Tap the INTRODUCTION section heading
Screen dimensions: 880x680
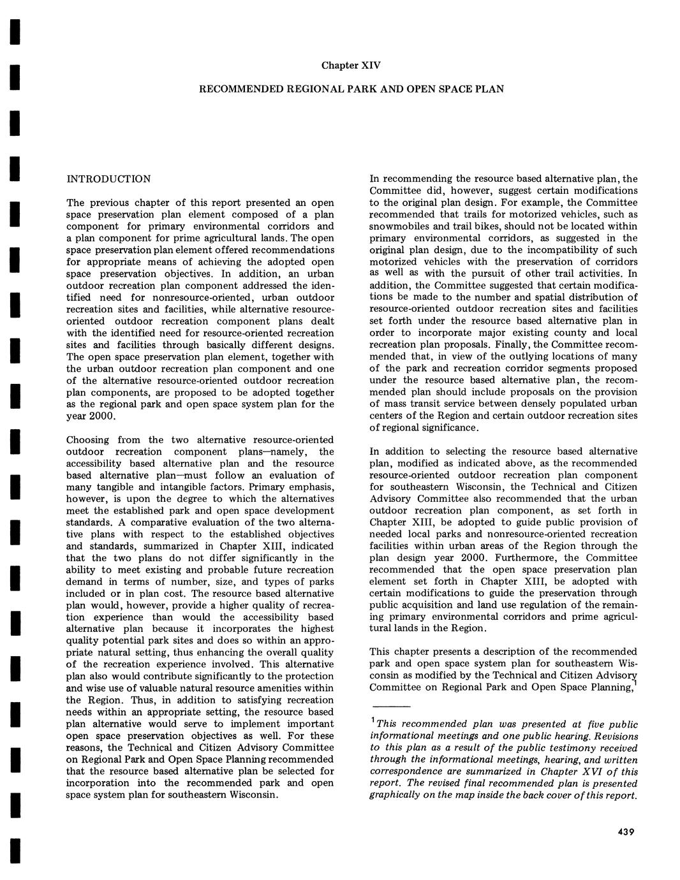(109, 179)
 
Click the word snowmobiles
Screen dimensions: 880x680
(399, 226)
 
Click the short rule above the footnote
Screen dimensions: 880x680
(390, 708)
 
